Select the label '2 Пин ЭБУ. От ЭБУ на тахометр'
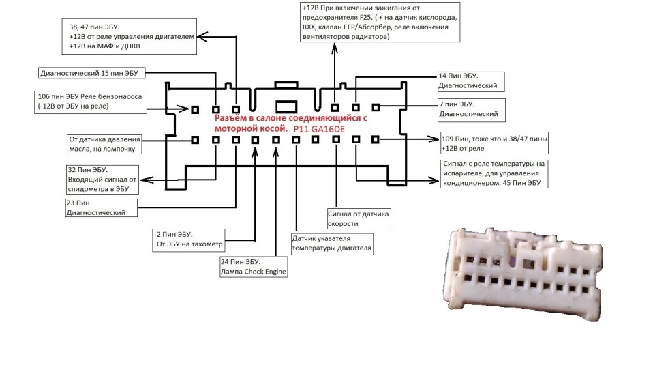click(x=190, y=240)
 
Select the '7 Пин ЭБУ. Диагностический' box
click(x=469, y=109)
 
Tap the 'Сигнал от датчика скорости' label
click(x=359, y=218)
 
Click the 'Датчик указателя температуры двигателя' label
click(x=331, y=244)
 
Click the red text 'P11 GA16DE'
click(x=321, y=128)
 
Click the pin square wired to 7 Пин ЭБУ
click(x=375, y=107)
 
